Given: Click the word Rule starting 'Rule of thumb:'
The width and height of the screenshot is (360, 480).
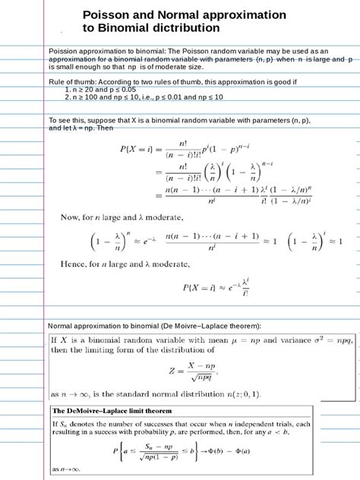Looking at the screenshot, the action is pos(58,80).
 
